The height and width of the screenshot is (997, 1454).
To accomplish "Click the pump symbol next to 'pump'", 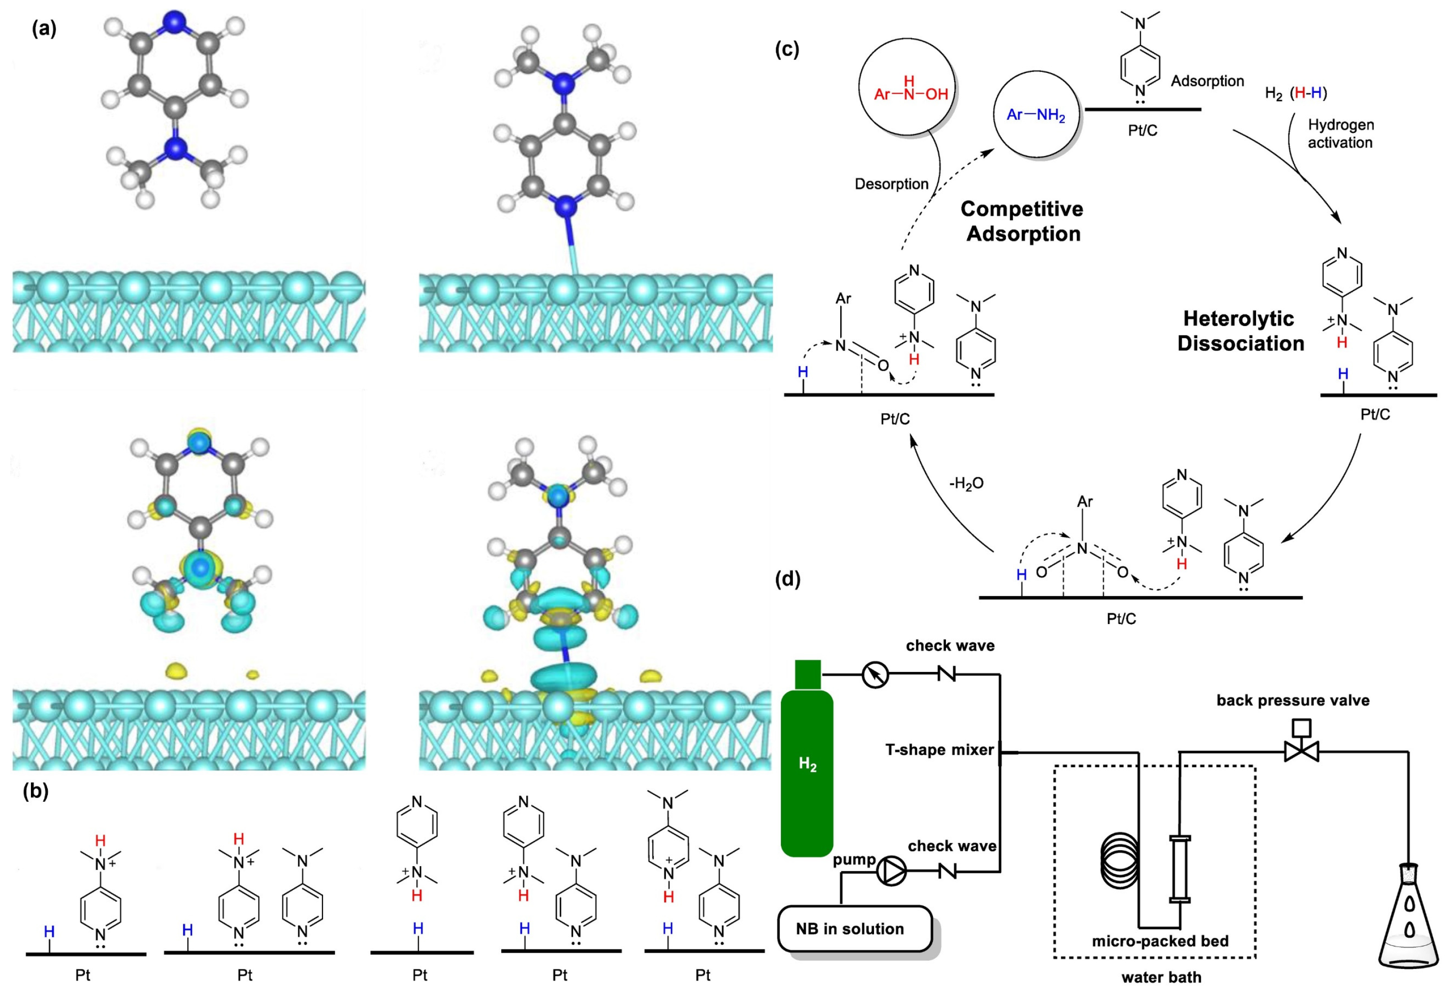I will coord(890,872).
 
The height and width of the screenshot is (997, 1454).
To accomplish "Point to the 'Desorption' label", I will coord(891,184).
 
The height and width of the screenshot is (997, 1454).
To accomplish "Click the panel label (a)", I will coord(44,29).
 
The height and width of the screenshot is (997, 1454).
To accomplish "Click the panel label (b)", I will coord(36,792).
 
